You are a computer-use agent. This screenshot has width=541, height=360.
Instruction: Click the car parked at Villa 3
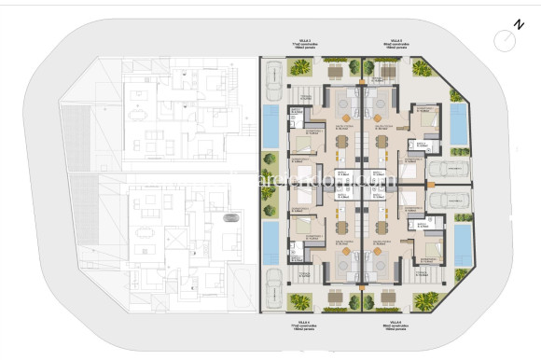(272, 80)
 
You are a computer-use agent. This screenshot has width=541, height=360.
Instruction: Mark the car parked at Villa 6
(447, 198)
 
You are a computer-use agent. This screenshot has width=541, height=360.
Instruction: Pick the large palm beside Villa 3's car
(300, 66)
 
